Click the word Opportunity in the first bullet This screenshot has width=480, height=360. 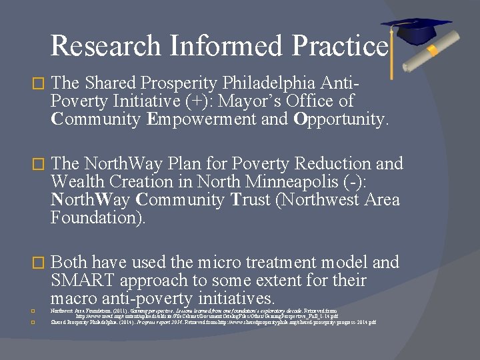pos(340,120)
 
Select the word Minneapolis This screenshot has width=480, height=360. pos(289,181)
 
